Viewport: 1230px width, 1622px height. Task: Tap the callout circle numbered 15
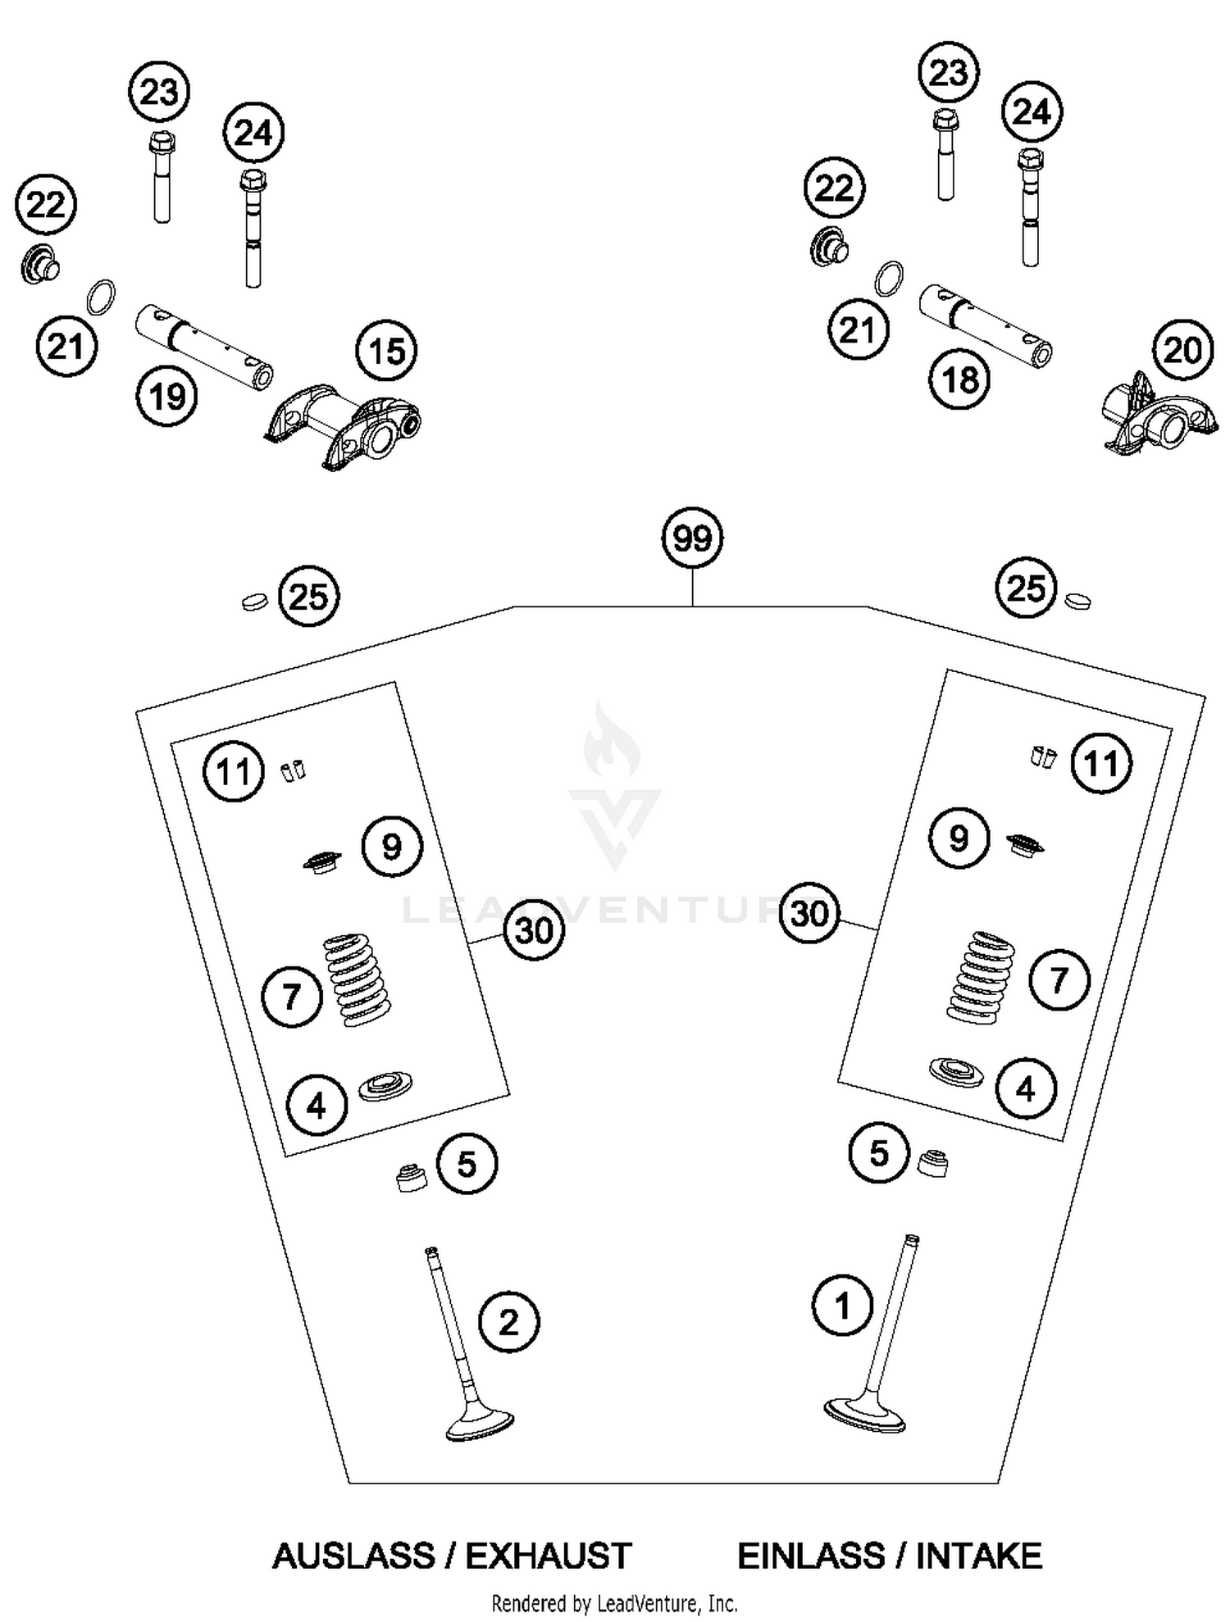(386, 352)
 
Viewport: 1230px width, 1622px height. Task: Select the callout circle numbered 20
(1182, 350)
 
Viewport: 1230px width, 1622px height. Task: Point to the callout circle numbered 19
(167, 397)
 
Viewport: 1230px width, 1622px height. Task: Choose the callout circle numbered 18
(959, 379)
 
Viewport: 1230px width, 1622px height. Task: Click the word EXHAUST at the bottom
(549, 1556)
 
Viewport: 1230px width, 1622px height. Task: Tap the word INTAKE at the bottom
(979, 1556)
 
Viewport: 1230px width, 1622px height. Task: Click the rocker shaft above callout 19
(203, 345)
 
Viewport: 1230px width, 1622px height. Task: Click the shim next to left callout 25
(256, 602)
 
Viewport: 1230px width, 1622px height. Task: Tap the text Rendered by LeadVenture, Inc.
(614, 1602)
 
